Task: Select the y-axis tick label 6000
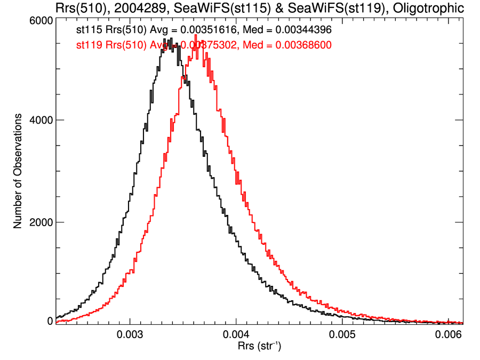[x=41, y=20]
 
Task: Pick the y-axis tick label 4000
[x=41, y=121]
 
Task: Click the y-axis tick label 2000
[x=41, y=222]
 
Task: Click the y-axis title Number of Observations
[x=18, y=171]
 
